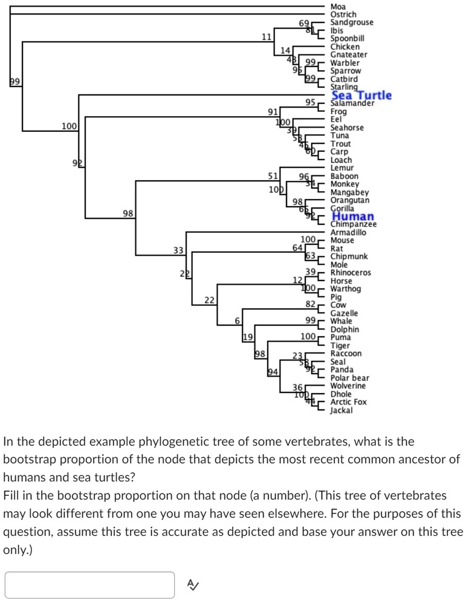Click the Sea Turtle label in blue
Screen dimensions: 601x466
(x=361, y=95)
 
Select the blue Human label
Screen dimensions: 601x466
(x=353, y=216)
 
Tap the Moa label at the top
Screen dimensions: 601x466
(x=338, y=7)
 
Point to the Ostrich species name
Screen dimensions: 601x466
(x=343, y=15)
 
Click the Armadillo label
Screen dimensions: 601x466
(x=348, y=232)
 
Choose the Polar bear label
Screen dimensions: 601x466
(x=349, y=378)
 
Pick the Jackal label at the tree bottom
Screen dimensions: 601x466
(x=341, y=410)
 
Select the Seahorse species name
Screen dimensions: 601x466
(x=347, y=128)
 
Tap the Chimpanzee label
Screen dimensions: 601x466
(x=354, y=224)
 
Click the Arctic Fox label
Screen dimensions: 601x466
(x=348, y=401)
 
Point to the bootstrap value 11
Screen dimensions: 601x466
(x=266, y=37)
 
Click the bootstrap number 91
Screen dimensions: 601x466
(x=273, y=112)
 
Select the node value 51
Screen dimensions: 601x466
(x=273, y=176)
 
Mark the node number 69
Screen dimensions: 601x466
(x=305, y=23)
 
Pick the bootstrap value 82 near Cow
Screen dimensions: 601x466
(x=311, y=304)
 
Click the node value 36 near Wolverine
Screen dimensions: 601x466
(x=298, y=386)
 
